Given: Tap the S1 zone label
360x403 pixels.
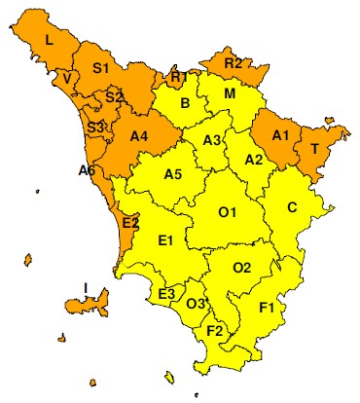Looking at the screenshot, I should point(101,67).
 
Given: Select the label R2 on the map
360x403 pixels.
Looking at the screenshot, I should point(233,63).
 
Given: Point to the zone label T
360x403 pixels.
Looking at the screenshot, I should point(314,148).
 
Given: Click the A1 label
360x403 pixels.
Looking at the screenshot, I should point(281,134).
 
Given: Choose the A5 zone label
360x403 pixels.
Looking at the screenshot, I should point(173,174).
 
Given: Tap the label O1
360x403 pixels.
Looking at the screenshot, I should point(228,211).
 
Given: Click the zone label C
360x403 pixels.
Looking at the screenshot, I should point(292,206).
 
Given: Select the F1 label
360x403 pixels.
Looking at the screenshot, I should point(268,308).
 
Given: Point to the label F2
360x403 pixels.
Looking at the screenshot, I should point(215,330).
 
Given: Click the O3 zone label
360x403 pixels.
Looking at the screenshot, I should point(196,304).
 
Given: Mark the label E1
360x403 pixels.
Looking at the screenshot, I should point(164,239).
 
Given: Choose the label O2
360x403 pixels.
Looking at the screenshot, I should point(242,266).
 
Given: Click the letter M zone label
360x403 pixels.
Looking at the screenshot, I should point(230,93).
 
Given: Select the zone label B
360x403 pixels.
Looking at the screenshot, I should point(185,103).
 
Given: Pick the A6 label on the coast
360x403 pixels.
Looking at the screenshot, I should point(87,170).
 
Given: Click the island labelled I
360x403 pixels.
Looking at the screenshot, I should point(87,287).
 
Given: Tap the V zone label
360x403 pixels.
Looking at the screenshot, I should point(66,78).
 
